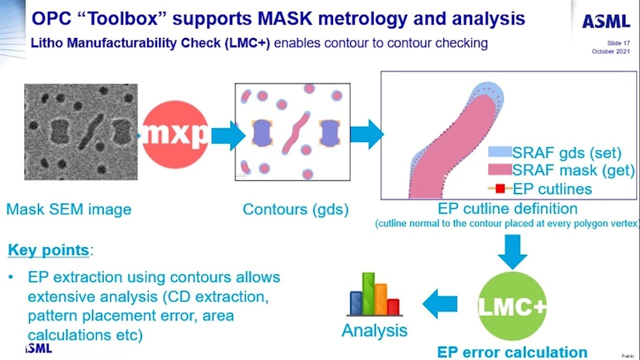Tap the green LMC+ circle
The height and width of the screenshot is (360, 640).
click(512, 306)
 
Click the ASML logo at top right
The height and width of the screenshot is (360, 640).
click(606, 21)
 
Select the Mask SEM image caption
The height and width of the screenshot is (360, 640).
click(68, 209)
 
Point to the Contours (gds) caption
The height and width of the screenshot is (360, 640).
click(295, 209)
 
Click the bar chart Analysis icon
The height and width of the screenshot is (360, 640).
click(374, 295)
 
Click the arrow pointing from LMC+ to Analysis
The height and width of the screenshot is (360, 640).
click(440, 304)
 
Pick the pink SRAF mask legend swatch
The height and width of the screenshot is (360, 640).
click(499, 170)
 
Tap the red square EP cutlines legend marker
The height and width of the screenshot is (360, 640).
click(499, 189)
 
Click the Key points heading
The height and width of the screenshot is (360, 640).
click(48, 250)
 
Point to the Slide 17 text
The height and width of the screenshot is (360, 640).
click(618, 43)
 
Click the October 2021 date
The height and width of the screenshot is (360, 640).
click(611, 51)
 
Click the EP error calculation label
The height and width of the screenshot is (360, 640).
click(512, 352)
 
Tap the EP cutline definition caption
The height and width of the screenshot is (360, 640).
click(507, 208)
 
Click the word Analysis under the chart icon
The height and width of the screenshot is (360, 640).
click(374, 330)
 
